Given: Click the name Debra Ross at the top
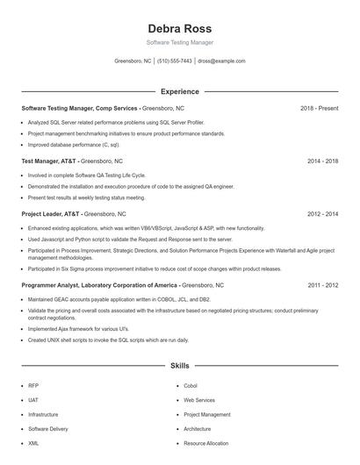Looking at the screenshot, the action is pos(179,27).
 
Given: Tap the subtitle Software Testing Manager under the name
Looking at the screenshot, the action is pos(179,42).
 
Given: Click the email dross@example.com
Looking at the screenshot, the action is pos(221,61).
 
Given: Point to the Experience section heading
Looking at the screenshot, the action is pos(179,91).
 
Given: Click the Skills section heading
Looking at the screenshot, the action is pos(179,365).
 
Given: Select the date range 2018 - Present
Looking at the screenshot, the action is pos(319,108).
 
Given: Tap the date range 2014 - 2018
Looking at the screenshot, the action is pos(320,161).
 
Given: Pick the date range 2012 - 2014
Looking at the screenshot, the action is pos(320,214).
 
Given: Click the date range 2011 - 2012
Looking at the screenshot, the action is pos(320,286).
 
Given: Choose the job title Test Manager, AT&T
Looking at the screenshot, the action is pos(49,161).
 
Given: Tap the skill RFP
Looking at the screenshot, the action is pos(33,385).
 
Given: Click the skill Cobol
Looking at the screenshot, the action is pos(191,385).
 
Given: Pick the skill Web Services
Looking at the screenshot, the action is pos(199,400).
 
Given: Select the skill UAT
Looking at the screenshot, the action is pos(33,400).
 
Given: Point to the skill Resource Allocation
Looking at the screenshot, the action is pos(205,444).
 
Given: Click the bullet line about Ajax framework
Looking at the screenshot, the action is pos(79,329).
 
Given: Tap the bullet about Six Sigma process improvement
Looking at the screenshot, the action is pos(154,268).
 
